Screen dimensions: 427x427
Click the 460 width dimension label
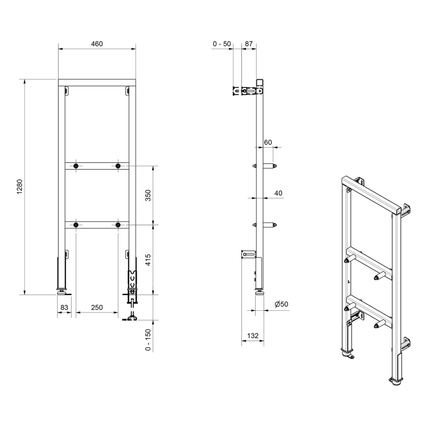click(x=97, y=44)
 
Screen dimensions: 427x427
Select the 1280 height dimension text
click(x=20, y=187)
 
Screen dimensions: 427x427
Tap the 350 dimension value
click(x=148, y=195)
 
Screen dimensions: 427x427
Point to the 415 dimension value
click(x=148, y=260)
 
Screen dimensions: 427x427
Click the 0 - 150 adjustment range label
click(x=148, y=340)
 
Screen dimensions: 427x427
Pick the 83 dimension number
click(x=64, y=307)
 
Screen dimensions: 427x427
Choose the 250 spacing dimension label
click(x=97, y=307)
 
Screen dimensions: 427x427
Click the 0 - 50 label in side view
click(x=221, y=44)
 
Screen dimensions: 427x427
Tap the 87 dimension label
click(x=249, y=44)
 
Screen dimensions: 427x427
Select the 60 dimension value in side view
click(x=268, y=142)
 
